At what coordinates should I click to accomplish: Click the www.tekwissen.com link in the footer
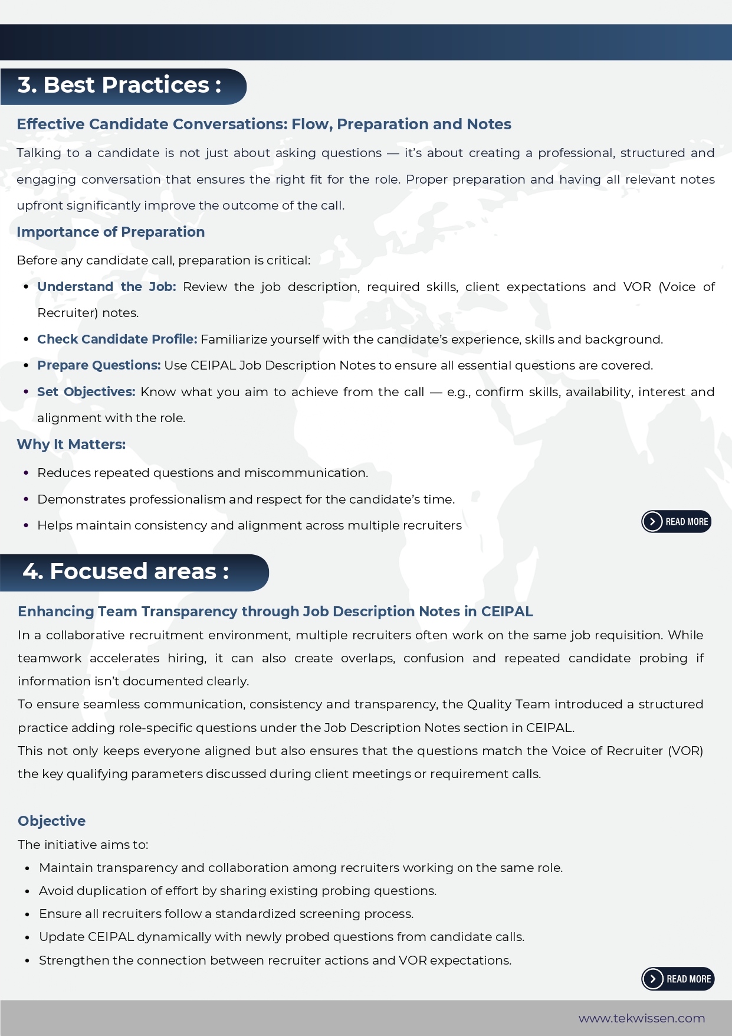642,1018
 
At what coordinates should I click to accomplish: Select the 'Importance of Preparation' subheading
110,232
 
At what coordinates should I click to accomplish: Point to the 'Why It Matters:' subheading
71,445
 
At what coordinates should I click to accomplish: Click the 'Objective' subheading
51,821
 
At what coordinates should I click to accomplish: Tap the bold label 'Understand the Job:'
106,287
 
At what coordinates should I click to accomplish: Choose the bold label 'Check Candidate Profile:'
117,339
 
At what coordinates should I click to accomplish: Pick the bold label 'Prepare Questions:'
99,365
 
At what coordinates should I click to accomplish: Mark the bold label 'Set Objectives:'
86,392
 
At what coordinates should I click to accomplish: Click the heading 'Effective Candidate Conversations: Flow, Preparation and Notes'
264,124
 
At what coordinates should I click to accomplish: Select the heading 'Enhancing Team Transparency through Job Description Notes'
275,612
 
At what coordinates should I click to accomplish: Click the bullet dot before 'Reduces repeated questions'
26,473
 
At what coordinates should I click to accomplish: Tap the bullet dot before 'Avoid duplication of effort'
27,891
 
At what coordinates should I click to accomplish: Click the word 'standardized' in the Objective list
255,914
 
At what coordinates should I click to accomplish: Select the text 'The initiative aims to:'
83,845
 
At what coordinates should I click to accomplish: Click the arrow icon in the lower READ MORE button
652,979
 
